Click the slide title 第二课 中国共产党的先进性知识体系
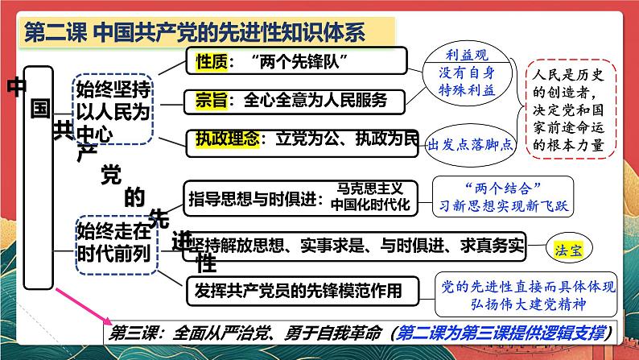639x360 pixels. click(x=195, y=32)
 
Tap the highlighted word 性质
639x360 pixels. click(x=212, y=62)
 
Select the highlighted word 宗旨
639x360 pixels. click(x=211, y=101)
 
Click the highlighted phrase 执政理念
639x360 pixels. click(x=228, y=139)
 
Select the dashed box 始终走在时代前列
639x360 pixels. click(x=117, y=245)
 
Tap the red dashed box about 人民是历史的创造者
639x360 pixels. click(x=571, y=110)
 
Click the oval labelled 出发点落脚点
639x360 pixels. click(x=470, y=145)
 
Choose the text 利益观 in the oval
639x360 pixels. click(x=467, y=56)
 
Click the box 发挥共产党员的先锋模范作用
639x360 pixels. click(x=303, y=291)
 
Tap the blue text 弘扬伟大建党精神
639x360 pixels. click(x=529, y=304)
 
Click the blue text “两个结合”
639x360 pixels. click(x=503, y=188)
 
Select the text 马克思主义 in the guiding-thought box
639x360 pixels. click(x=370, y=188)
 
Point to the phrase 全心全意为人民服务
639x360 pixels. click(x=315, y=101)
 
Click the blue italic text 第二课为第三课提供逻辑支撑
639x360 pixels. click(x=501, y=333)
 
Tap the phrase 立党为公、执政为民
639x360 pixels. click(x=347, y=139)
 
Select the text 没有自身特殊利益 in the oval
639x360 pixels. click(x=467, y=81)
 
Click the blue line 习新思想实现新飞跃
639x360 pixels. click(x=503, y=206)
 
